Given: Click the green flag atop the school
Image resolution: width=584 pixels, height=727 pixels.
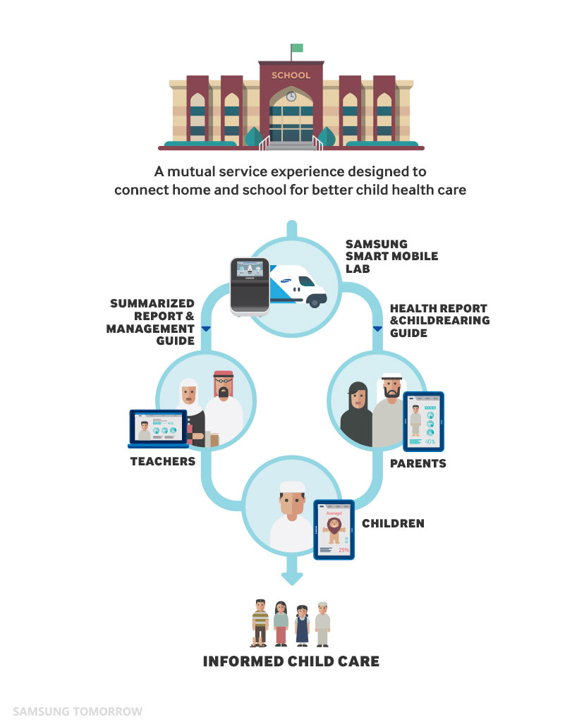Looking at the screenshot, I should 297,48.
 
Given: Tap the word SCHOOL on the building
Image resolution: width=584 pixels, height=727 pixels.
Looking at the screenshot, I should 291,75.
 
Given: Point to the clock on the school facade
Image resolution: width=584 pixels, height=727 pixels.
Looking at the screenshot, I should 291,97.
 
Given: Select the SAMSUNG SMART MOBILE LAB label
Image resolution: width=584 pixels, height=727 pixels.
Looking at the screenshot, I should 391,256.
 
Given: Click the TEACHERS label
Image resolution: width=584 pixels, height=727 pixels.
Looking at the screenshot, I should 162,461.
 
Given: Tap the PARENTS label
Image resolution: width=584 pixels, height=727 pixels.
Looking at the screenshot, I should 418,463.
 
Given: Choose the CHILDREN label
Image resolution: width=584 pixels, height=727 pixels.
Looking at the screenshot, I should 393,524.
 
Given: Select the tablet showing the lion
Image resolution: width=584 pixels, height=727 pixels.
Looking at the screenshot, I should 334,530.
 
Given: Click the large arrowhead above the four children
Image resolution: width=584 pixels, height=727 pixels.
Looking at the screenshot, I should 291,577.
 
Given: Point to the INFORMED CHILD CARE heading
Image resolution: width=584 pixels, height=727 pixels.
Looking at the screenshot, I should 291,661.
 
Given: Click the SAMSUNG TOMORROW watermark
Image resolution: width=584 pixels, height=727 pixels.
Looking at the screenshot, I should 78,711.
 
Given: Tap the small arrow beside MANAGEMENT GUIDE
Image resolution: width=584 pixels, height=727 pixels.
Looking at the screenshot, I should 205,329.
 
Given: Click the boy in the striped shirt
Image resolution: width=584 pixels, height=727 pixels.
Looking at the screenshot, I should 260,622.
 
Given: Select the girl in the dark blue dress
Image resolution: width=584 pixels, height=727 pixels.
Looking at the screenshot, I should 302,623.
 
